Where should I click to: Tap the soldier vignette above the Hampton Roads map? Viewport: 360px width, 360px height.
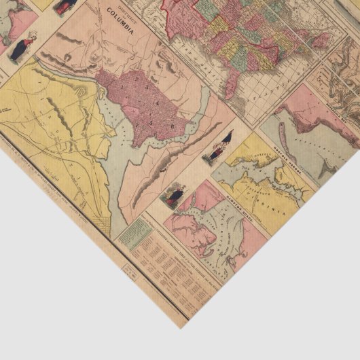pos(175,196)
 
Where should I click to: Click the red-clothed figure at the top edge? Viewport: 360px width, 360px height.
pos(66,6)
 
